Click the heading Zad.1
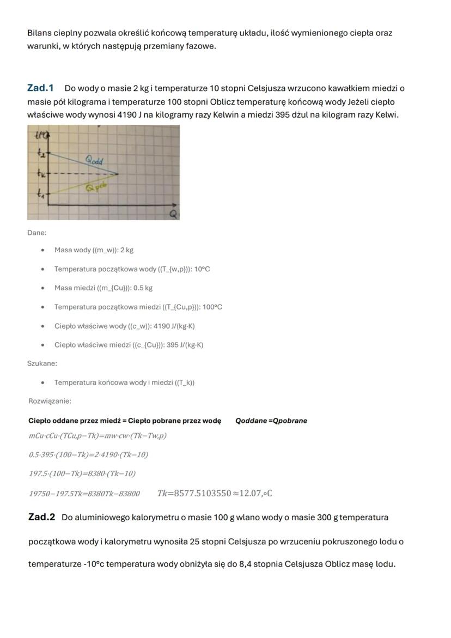pyautogui.click(x=40, y=88)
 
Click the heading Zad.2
pyautogui.click(x=41, y=517)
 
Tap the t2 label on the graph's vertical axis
pyautogui.click(x=40, y=155)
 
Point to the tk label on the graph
pyautogui.click(x=40, y=174)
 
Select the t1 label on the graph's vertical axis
pyautogui.click(x=40, y=193)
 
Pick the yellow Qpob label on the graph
pyautogui.click(x=95, y=187)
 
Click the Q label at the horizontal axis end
pyautogui.click(x=173, y=214)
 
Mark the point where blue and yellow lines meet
pyautogui.click(x=118, y=174)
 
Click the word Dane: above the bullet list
pyautogui.click(x=36, y=233)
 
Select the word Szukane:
pyautogui.click(x=42, y=363)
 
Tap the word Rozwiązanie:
pyautogui.click(x=50, y=401)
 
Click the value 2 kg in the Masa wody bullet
pyautogui.click(x=126, y=250)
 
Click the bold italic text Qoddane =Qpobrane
pyautogui.click(x=271, y=421)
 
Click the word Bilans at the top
pyautogui.click(x=39, y=33)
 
